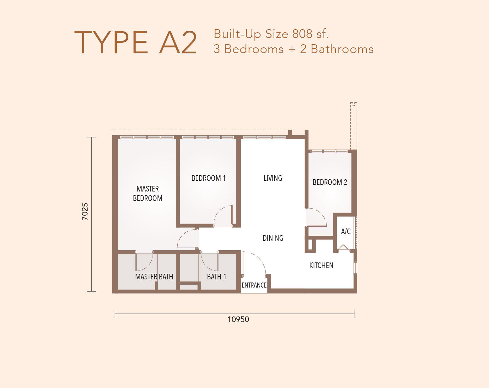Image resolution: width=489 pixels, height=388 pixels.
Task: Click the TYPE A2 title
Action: [135, 42]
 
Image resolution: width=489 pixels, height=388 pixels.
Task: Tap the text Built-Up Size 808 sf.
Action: [271, 34]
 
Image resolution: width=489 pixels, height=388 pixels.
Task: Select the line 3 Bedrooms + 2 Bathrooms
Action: [293, 49]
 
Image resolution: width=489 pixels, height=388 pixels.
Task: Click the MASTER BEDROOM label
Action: [148, 193]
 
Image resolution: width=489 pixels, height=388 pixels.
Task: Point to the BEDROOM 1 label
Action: [209, 178]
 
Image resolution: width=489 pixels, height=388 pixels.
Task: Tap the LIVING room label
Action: [273, 178]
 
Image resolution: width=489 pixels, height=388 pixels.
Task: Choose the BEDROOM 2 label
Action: [330, 182]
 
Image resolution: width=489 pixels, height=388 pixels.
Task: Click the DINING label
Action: [273, 238]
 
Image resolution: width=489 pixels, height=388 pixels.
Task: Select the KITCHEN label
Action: [321, 266]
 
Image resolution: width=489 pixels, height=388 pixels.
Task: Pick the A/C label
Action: [346, 232]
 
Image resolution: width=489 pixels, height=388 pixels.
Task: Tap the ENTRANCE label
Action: [254, 285]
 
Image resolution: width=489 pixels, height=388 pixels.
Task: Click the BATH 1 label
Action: [217, 277]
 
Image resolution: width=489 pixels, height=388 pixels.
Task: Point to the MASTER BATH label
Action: [154, 277]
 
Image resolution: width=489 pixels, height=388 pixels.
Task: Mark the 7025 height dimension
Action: [85, 212]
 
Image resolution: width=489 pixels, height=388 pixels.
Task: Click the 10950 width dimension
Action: [238, 320]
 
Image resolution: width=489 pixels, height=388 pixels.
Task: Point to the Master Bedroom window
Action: [147, 137]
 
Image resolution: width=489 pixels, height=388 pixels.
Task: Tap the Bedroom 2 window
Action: [329, 151]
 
